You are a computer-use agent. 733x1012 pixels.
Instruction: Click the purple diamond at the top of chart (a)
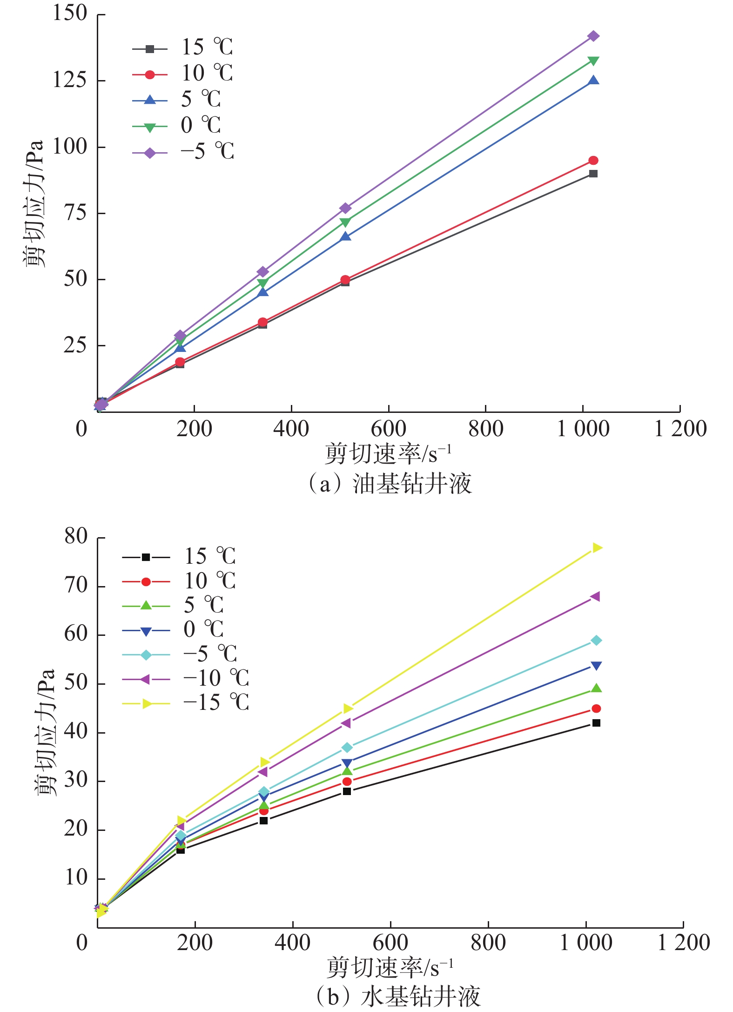click(x=593, y=36)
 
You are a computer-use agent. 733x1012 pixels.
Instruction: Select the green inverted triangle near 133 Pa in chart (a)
click(x=593, y=61)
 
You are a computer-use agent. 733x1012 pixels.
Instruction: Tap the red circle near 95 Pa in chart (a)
click(x=593, y=161)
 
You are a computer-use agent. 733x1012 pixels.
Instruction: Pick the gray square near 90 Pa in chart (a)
click(x=593, y=174)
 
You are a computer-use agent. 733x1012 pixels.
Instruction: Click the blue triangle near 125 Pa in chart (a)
click(x=593, y=81)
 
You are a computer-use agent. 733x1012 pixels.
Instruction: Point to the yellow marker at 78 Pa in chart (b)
click(x=597, y=548)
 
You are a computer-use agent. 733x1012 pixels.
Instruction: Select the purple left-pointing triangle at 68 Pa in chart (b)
click(x=595, y=597)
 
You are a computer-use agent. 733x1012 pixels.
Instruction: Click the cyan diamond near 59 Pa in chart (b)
click(x=596, y=641)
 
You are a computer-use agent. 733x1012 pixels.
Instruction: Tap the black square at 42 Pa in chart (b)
click(x=596, y=723)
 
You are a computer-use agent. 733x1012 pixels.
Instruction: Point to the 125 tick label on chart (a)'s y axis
click(x=70, y=80)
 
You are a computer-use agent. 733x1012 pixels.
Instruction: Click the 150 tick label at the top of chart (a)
click(x=70, y=13)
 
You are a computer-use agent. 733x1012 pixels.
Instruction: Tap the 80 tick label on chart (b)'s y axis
click(x=76, y=537)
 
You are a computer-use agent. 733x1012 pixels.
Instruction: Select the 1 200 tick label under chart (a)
click(x=680, y=429)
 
